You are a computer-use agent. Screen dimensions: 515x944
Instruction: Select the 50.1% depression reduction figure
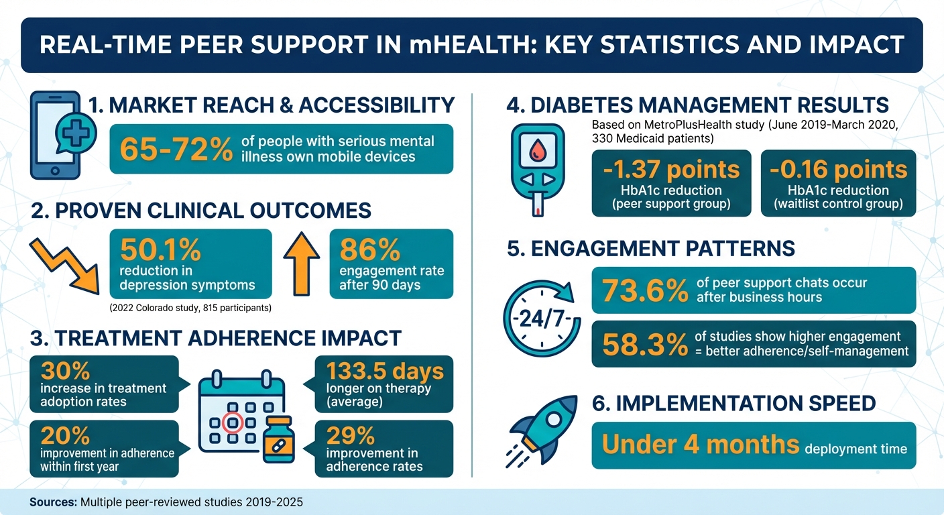[x=160, y=249]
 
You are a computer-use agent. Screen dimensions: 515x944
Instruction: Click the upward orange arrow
[x=302, y=264]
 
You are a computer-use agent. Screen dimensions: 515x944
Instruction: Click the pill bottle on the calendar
[x=279, y=439]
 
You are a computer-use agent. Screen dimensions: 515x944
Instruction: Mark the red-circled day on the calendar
[x=232, y=424]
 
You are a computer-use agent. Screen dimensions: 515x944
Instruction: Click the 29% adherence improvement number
[x=350, y=437]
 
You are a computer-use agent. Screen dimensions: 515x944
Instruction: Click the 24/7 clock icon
[x=537, y=317]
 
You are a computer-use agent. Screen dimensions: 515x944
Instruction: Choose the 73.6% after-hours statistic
[x=644, y=290]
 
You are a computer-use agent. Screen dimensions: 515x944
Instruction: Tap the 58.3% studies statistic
[x=644, y=344]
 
